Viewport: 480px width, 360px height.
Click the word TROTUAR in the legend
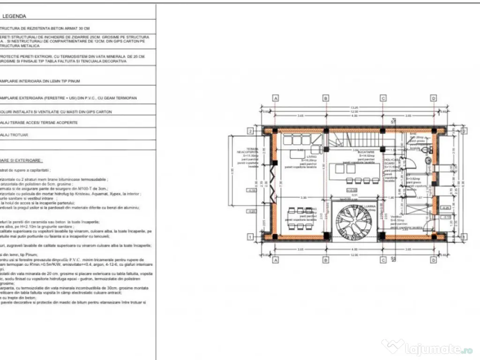pyautogui.click(x=20, y=135)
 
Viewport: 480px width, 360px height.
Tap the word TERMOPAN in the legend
pyautogui.click(x=124, y=98)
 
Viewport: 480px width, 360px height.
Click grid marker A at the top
pyautogui.click(x=276, y=98)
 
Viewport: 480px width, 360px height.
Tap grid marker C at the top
pyautogui.click(x=383, y=98)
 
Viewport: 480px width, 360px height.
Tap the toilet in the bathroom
pyautogui.click(x=425, y=150)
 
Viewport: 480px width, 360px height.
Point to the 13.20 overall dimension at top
pyautogui.click(x=355, y=108)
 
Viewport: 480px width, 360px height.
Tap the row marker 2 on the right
pyautogui.click(x=464, y=131)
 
